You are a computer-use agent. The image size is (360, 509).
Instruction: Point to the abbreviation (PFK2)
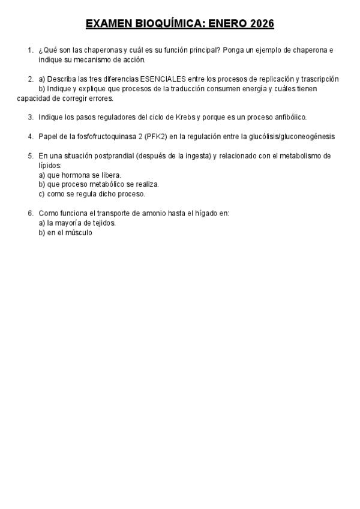tap(154, 136)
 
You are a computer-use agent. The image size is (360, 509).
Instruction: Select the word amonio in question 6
tap(154, 213)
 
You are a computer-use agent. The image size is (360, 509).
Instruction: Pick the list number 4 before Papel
tap(30, 136)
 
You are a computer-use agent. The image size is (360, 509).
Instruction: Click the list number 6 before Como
tap(30, 213)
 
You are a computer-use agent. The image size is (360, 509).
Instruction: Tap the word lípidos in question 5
tap(50, 165)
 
